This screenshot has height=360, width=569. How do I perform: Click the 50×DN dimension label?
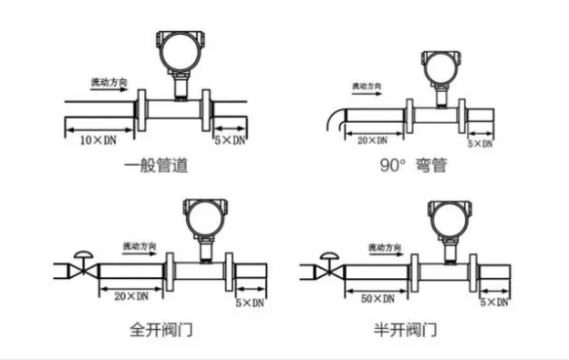point(377,298)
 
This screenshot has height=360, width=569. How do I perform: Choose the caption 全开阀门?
point(160,326)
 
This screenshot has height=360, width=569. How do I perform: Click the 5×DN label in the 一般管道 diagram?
point(229,140)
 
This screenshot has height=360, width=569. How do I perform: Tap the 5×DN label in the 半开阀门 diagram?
point(493,301)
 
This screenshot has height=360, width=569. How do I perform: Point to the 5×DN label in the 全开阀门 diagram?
point(251,301)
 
